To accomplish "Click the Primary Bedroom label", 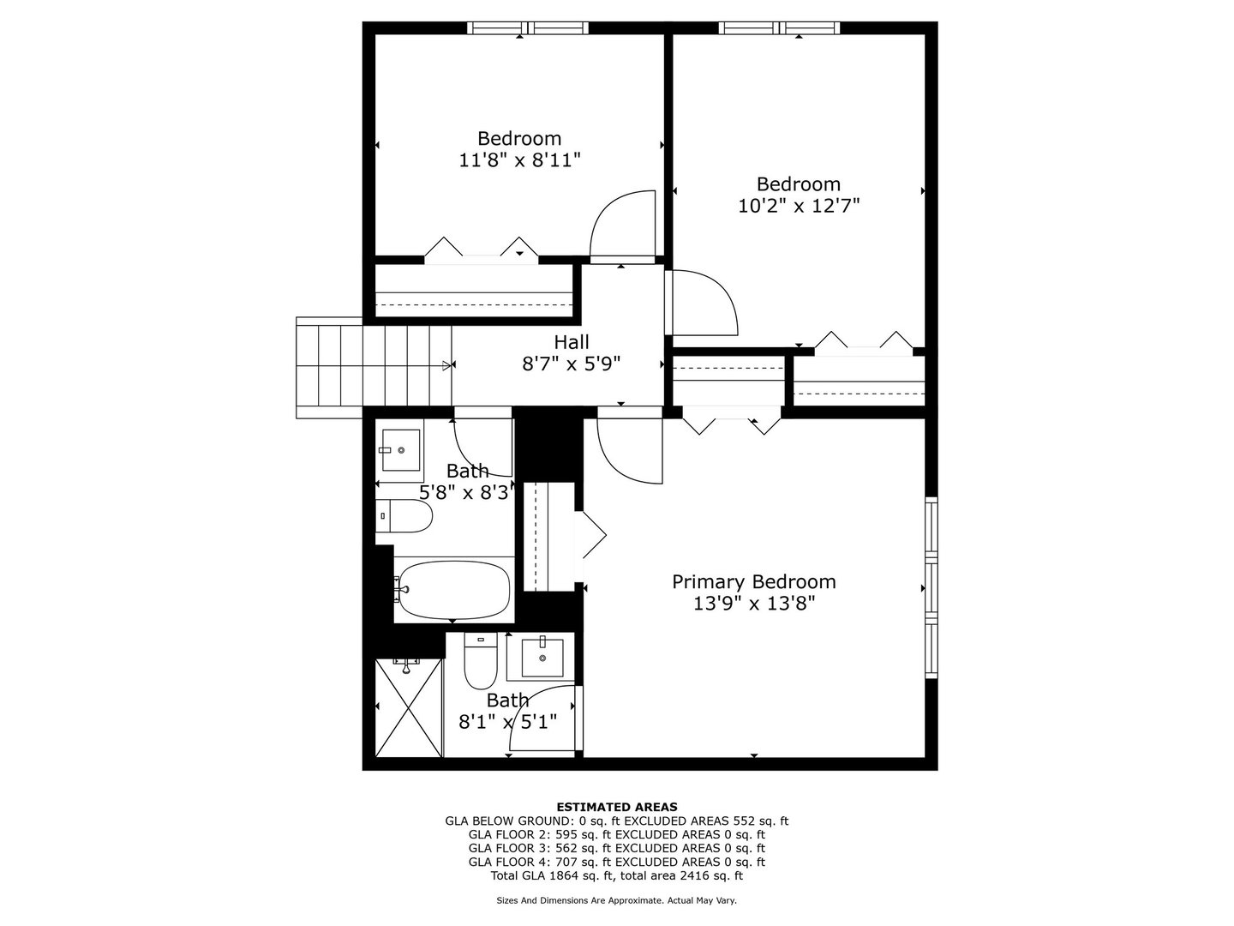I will pos(753,582).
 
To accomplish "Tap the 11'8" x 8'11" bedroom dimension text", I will pos(520,159).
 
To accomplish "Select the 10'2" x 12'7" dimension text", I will pos(798,206).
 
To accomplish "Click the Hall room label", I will pos(571,342).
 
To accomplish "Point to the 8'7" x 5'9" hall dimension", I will pos(571,363).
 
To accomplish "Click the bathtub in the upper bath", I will pos(453,590).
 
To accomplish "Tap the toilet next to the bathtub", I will pos(404,515).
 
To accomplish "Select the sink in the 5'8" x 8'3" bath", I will pos(400,450).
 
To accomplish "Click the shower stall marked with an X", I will pos(410,707).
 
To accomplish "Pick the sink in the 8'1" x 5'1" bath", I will pos(542,658).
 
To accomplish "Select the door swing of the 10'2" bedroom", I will pos(701,303).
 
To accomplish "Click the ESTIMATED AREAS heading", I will pos(616,807).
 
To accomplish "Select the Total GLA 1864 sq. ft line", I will pos(616,875).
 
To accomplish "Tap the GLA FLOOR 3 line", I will pos(616,848).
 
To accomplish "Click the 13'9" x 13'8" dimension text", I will pos(753,604).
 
